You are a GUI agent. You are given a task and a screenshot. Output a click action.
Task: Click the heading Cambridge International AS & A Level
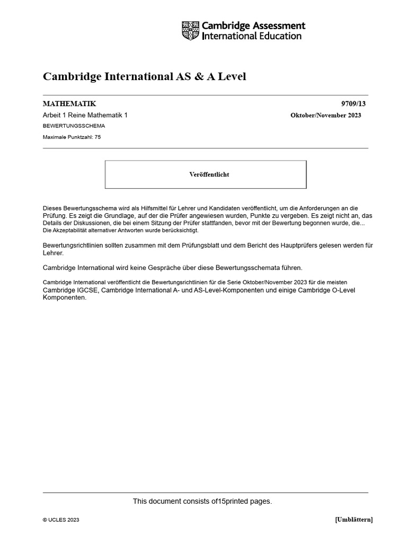pyautogui.click(x=144, y=77)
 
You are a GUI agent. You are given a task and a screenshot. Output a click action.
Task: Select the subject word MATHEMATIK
pyautogui.click(x=69, y=104)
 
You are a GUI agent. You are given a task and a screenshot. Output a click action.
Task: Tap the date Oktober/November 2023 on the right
pyautogui.click(x=325, y=115)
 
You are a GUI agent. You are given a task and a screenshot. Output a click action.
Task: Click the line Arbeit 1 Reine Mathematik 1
pyautogui.click(x=85, y=115)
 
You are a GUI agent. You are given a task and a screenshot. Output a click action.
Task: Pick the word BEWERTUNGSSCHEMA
pyautogui.click(x=74, y=126)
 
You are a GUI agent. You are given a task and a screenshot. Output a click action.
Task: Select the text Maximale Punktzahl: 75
pyautogui.click(x=72, y=137)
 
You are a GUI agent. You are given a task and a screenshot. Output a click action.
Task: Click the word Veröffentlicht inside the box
pyautogui.click(x=209, y=174)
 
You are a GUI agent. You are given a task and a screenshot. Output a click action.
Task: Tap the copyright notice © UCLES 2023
pyautogui.click(x=61, y=520)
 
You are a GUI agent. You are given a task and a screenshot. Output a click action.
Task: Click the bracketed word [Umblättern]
pyautogui.click(x=353, y=520)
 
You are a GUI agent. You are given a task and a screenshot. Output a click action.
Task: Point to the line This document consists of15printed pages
pyautogui.click(x=202, y=501)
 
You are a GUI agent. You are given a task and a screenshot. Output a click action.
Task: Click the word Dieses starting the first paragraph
pyautogui.click(x=54, y=209)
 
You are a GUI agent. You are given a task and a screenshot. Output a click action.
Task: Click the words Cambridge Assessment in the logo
pyautogui.click(x=254, y=26)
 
